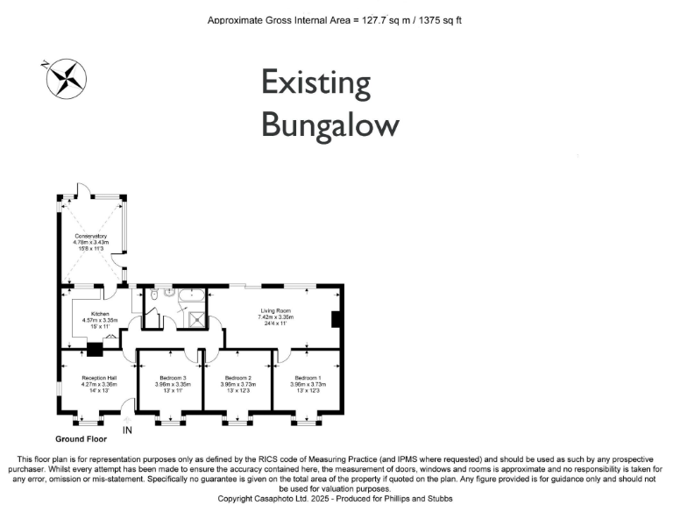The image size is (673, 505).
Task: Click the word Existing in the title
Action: point(316,84)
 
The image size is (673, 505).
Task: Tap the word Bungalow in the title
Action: point(329,124)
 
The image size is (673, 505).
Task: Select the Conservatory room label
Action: point(91,236)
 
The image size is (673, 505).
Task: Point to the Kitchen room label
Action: point(100,314)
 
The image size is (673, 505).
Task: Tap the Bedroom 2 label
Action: point(237,378)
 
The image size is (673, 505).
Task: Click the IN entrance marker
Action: point(128,430)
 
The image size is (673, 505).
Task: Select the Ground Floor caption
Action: point(81,438)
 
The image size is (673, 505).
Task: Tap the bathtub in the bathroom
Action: point(191,297)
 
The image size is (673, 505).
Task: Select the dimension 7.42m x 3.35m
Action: point(275,318)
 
